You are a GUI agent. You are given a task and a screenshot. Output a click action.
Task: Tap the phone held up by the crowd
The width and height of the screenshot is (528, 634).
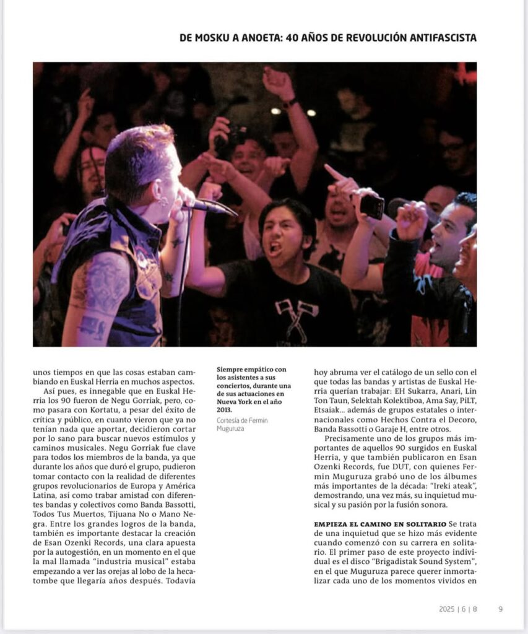[x=372, y=206]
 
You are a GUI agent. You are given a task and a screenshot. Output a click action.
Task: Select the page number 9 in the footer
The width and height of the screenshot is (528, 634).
[x=500, y=609]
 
